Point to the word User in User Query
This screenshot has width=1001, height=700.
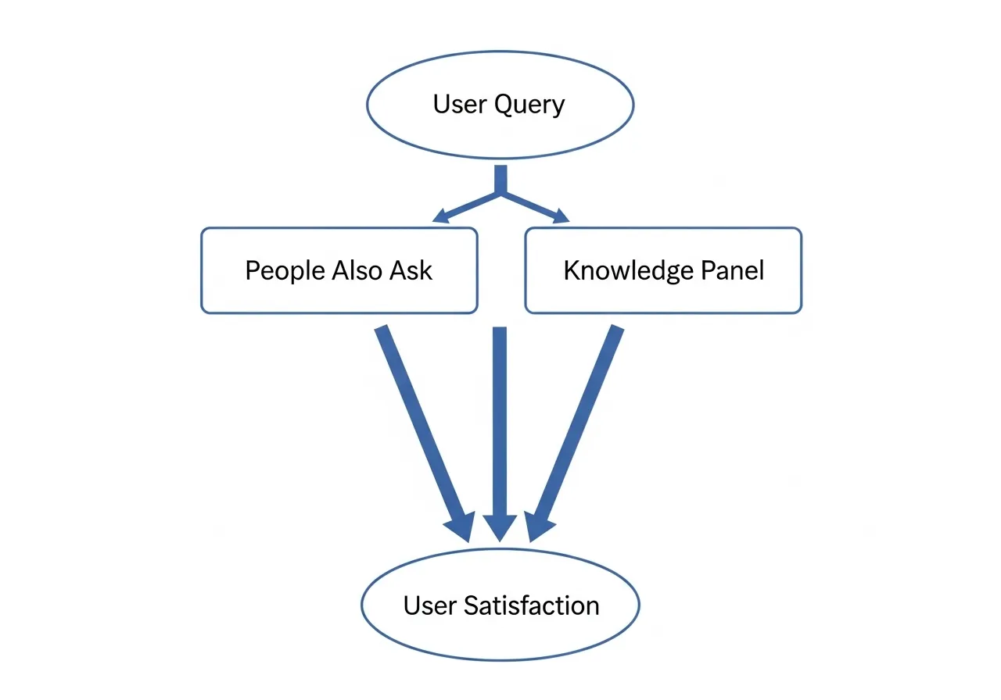(458, 104)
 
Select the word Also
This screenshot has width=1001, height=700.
(357, 270)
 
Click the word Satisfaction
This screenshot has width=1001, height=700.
(532, 605)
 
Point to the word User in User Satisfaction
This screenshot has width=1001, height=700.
(429, 605)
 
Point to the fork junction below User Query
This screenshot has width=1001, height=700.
(500, 191)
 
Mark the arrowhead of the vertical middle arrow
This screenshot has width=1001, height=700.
(500, 529)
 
